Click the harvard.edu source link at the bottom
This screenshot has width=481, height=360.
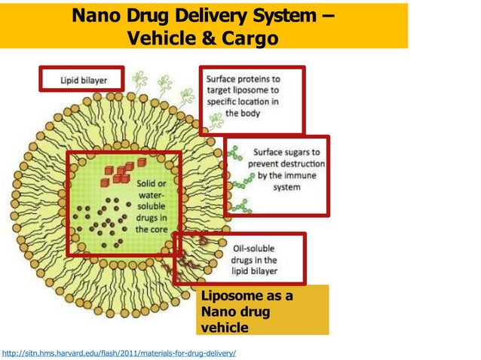tap(119, 352)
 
